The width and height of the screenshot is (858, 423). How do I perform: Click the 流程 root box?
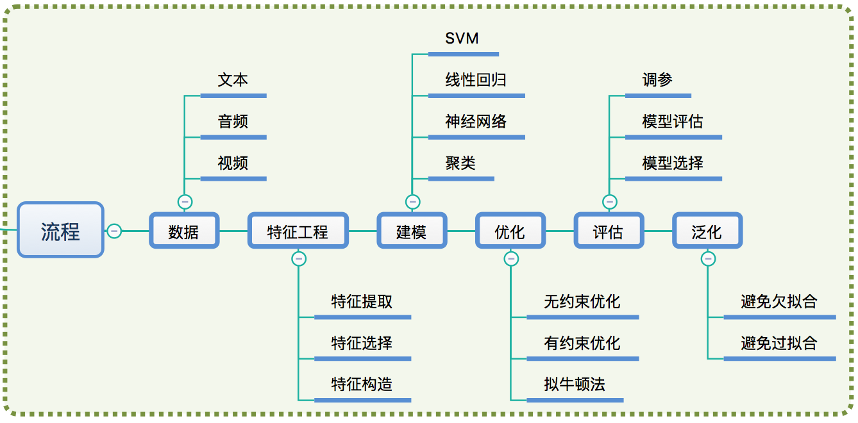[x=60, y=229]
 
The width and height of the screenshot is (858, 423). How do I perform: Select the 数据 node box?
[x=184, y=231]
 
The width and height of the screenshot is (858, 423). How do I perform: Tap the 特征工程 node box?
[x=298, y=231]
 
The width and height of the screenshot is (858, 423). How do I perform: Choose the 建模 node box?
[x=412, y=231]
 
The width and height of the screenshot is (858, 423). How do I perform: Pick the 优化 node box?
[x=510, y=231]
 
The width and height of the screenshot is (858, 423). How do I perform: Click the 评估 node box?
[x=609, y=231]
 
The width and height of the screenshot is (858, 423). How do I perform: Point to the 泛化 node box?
[x=707, y=231]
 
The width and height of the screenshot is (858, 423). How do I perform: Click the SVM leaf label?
[x=462, y=38]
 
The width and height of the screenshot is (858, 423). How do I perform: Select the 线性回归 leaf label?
[x=476, y=80]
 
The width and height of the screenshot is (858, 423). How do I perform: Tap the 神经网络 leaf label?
[x=476, y=121]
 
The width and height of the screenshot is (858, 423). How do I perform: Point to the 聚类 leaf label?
[x=460, y=163]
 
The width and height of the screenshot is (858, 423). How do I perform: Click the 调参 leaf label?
[x=657, y=80]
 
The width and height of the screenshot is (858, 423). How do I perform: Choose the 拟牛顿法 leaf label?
[x=575, y=384]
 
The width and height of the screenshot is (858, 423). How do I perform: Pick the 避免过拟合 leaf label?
[x=779, y=343]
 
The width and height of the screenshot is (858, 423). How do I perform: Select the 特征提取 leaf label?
[x=362, y=302]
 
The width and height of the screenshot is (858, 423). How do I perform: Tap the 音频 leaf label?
[x=233, y=121]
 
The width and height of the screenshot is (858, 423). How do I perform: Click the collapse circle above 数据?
[x=185, y=202]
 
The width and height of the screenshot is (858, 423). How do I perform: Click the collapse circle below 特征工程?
[x=299, y=259]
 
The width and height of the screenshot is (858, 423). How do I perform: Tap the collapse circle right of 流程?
[x=114, y=231]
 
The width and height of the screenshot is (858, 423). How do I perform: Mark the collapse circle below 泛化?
[x=708, y=259]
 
